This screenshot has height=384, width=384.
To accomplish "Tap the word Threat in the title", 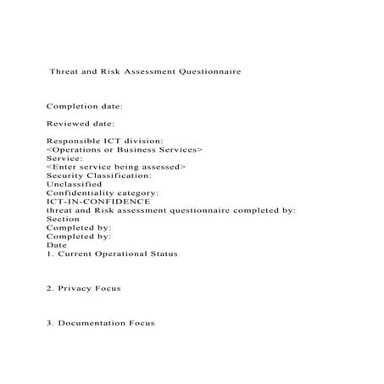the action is point(70,72).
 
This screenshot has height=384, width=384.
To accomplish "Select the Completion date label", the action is point(85,107).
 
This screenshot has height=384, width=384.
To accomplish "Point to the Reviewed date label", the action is point(81,124).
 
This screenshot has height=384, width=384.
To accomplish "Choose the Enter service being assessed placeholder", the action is point(116,167).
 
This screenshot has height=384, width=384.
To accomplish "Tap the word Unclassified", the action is point(74,184).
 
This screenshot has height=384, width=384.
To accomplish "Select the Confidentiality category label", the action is point(102,193).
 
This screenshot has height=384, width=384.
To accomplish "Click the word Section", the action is point(62,219).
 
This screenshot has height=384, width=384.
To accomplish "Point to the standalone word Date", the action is point(56,245).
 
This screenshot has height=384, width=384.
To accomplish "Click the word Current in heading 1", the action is point(73,253).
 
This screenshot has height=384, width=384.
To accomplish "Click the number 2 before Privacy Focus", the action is point(48,288).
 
